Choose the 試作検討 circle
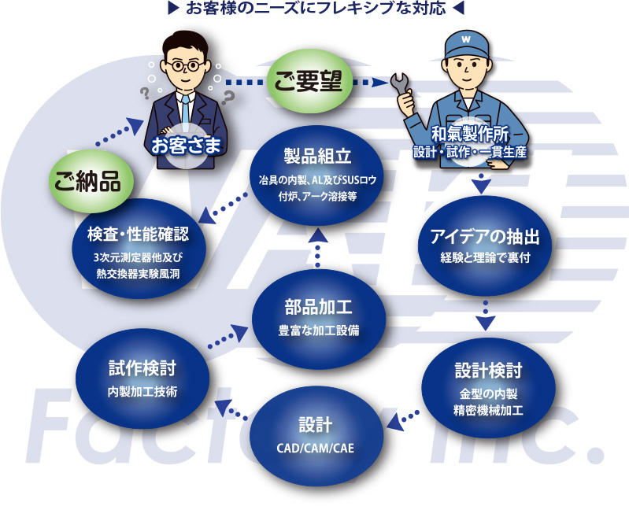coord(142,376)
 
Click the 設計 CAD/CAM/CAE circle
coord(316,434)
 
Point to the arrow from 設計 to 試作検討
coord(229,408)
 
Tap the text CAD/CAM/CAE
coord(316,449)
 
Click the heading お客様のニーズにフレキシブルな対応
coord(315,10)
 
